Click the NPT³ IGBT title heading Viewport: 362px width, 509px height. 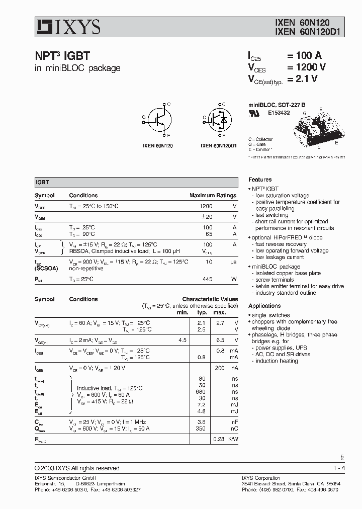pos(62,57)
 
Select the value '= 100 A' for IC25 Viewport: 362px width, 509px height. pos(304,56)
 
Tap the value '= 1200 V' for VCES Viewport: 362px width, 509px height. pos(306,67)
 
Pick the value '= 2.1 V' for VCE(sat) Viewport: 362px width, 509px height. pos(302,79)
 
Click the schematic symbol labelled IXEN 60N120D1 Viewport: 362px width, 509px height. pos(219,119)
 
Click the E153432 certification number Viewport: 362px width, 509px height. pos(279,113)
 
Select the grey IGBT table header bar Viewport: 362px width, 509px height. pos(136,183)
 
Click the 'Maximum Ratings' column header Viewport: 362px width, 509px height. pos(213,195)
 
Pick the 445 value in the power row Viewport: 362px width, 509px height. pos(207,279)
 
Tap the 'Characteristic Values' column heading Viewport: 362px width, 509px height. pos(210,299)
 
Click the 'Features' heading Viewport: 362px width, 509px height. pos(260,180)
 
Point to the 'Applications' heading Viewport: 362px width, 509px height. pos(264,306)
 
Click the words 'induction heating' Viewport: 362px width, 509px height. pos(277,361)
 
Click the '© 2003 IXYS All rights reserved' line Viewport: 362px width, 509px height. pos(77,468)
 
